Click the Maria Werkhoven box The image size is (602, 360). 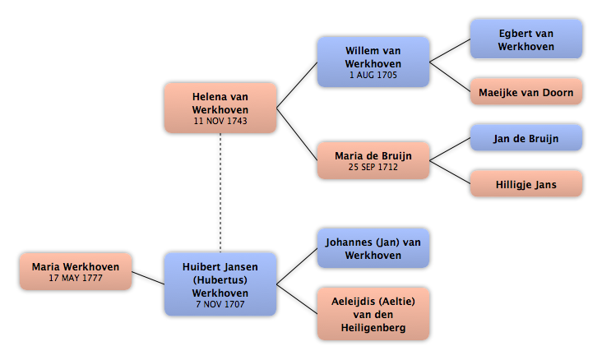(x=76, y=271)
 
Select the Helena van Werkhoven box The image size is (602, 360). (x=220, y=108)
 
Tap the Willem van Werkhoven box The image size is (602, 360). (x=373, y=62)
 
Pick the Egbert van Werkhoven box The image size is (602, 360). (x=526, y=39)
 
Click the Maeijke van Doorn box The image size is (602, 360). (x=526, y=92)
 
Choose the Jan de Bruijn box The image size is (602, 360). (x=526, y=138)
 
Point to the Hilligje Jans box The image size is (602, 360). (x=526, y=184)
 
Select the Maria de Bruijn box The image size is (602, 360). (x=373, y=160)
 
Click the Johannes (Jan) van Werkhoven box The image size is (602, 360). (x=373, y=248)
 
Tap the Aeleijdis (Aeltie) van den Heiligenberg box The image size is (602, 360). (x=373, y=314)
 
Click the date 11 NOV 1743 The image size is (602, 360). (x=220, y=121)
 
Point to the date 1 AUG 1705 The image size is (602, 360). (x=373, y=75)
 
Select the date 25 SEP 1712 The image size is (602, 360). (x=373, y=167)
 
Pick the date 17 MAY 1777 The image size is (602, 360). (x=76, y=278)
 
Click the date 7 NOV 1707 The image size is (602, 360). (x=220, y=304)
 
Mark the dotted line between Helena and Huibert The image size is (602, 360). (x=220, y=192)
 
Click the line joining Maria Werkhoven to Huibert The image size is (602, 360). (x=148, y=278)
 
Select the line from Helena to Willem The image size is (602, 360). (x=297, y=85)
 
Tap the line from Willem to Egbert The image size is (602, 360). (x=450, y=50)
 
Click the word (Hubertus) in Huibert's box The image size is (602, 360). (x=220, y=279)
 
